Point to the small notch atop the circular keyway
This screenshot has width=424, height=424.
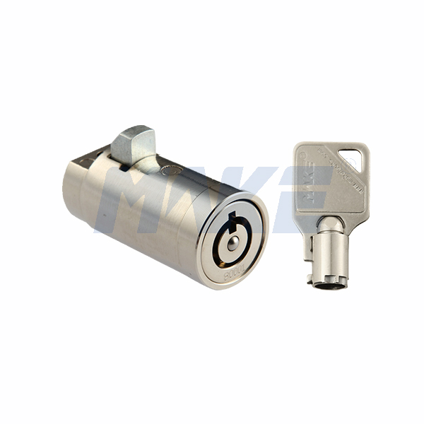(232, 216)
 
